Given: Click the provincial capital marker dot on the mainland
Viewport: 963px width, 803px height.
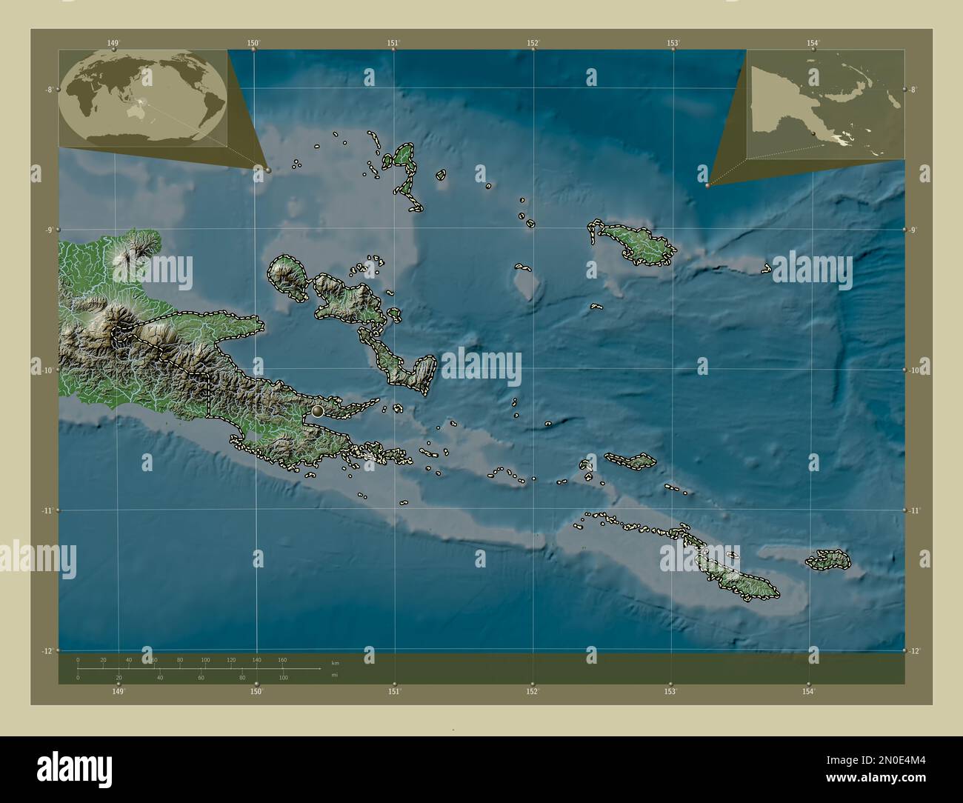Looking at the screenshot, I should [x=318, y=410].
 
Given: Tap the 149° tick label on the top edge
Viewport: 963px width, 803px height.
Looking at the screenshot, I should [x=113, y=44].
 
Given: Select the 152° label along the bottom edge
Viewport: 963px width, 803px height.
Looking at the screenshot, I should [x=532, y=691].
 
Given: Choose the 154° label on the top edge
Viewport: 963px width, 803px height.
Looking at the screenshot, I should [x=813, y=44].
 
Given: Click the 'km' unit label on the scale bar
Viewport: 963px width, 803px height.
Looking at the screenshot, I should [x=336, y=662].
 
